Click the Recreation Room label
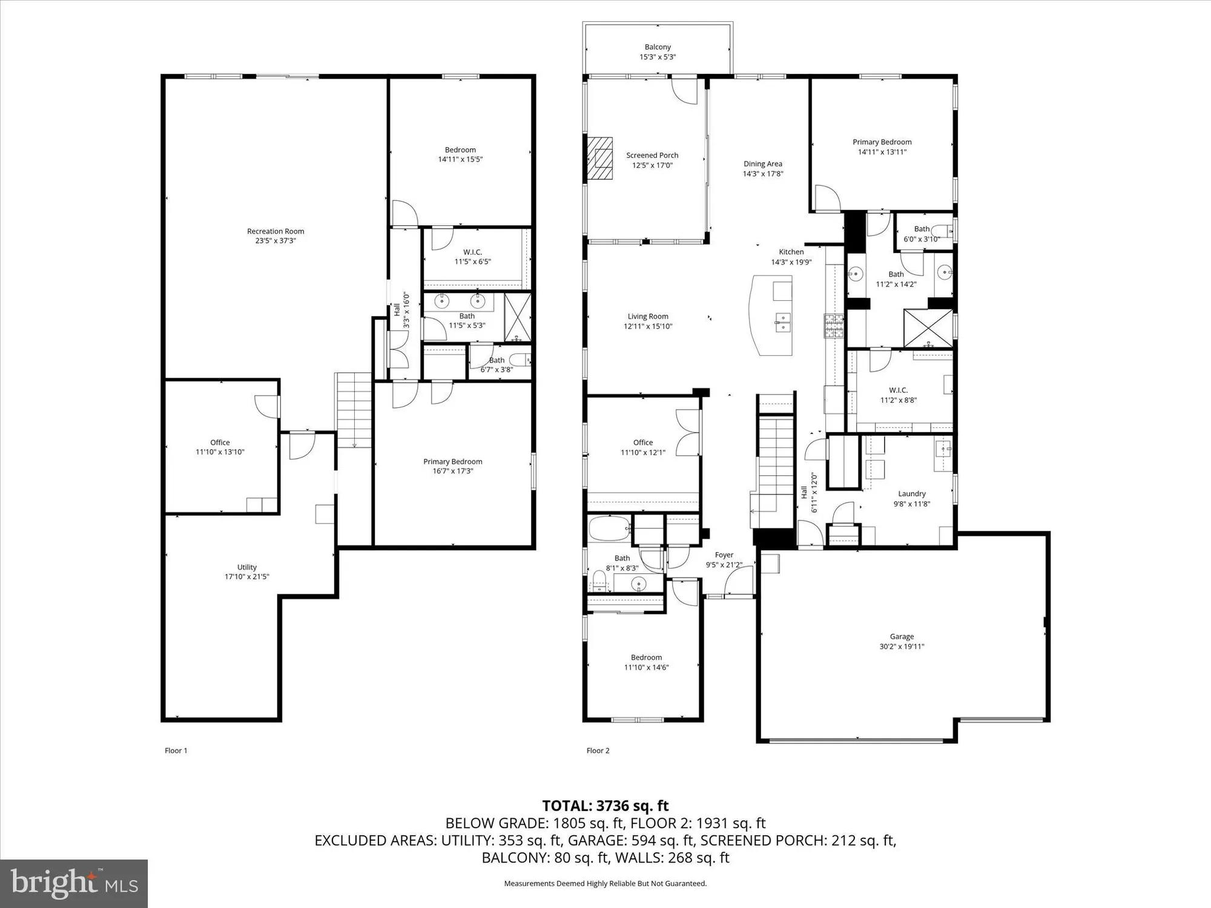tap(276, 231)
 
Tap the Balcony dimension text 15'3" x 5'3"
tap(658, 57)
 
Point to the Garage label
tap(902, 636)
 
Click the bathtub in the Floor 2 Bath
tap(610, 528)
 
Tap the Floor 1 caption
tap(176, 751)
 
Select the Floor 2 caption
tap(598, 751)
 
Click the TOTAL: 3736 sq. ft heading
tap(605, 806)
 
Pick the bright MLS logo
tap(74, 883)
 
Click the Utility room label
tap(247, 567)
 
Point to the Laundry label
tap(912, 494)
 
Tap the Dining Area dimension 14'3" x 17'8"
tap(763, 174)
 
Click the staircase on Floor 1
tap(354, 410)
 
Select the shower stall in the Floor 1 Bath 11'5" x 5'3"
tap(517, 317)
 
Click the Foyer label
tap(724, 554)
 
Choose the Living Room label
tap(648, 316)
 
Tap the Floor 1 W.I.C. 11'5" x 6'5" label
tap(472, 252)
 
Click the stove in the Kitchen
tap(834, 326)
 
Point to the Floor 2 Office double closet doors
tap(688, 433)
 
